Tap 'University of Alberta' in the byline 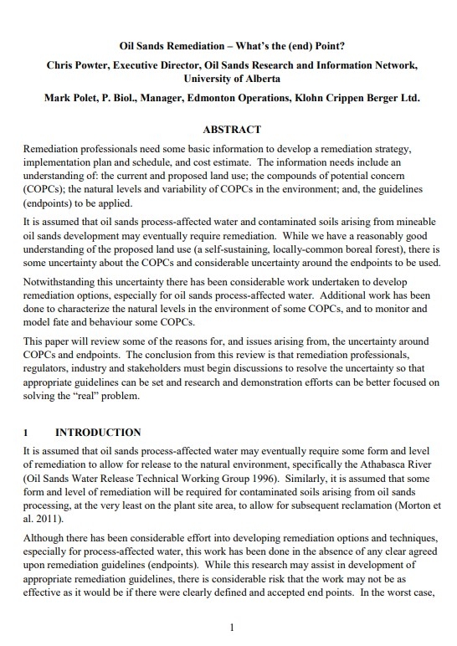(228, 79)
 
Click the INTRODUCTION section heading (98, 433)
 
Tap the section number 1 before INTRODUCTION (26, 433)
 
